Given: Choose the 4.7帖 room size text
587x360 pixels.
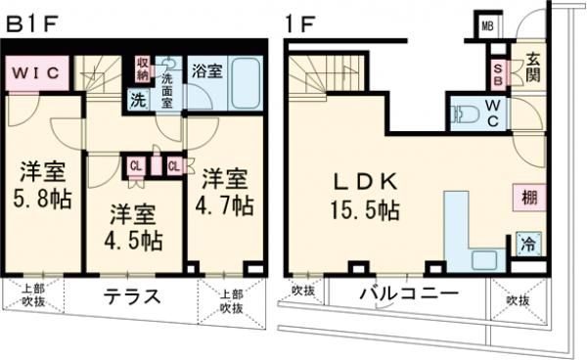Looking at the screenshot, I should [x=224, y=206].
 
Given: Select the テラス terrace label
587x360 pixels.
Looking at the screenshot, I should [x=132, y=297].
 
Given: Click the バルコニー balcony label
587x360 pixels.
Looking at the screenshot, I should [x=408, y=292].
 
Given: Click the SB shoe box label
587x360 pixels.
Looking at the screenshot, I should [x=498, y=75].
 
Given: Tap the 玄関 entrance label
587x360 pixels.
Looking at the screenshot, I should [x=532, y=68].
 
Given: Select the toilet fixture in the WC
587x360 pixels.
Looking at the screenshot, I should [x=464, y=113].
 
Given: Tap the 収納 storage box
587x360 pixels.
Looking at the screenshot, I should [x=142, y=69].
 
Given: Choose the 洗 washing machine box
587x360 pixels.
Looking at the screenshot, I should [x=138, y=98].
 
